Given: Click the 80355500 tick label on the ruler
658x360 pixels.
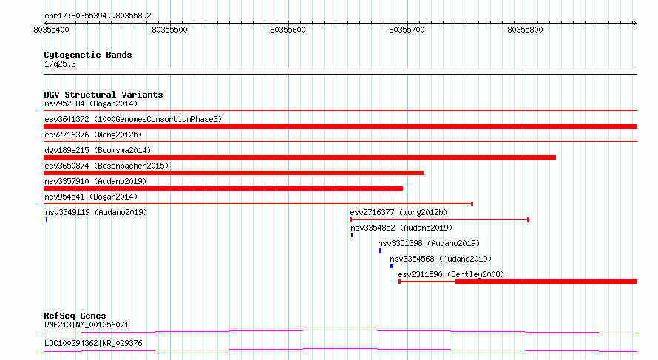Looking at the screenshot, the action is pos(169,30).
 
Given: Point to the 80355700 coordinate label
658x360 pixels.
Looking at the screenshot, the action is pos(407,30).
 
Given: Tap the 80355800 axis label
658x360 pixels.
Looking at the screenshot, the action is pos(525,30).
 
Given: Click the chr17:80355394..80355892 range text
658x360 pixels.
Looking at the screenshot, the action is pos(98,16).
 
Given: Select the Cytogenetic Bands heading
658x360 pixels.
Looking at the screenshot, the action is pos(88,55).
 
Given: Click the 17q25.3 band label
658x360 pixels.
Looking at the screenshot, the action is pos(60,64).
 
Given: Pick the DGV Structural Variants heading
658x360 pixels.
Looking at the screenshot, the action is pos(104,95).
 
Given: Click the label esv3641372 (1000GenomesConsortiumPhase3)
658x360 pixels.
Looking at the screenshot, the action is pos(133,119).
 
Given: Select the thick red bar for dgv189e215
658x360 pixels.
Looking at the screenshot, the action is pos(299,157).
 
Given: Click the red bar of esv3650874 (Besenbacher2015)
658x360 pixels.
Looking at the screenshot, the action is pos(234,173).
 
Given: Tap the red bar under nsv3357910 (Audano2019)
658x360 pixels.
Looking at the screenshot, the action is pos(223,189).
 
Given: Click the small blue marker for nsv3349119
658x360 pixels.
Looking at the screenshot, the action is pos(47,220).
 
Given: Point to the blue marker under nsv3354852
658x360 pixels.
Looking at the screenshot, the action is pos(352,235).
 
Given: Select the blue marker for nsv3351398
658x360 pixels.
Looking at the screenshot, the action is pos(379,251).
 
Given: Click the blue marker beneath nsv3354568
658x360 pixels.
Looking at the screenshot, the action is pos(391,266).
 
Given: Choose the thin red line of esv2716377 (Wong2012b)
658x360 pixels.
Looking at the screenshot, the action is pos(439,220).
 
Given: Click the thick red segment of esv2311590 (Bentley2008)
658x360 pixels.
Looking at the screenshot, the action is pos(546,282).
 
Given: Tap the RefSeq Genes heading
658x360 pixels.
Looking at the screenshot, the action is pos(75,316).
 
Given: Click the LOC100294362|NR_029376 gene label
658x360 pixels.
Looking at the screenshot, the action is pos(93,343).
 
